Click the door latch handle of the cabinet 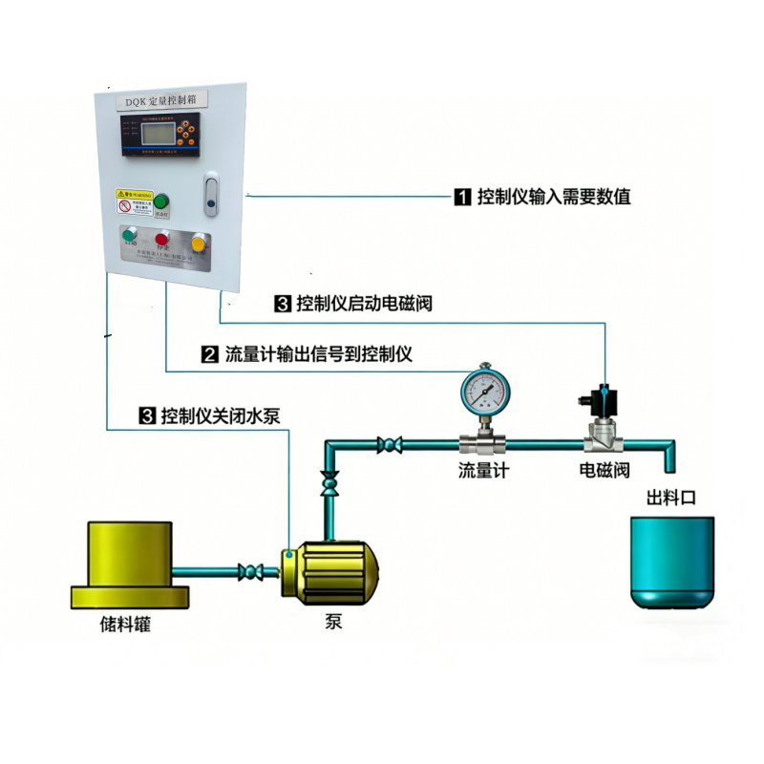212,193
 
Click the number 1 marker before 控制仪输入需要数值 461,198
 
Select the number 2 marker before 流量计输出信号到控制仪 209,354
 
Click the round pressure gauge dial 484,390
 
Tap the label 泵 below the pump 333,622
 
